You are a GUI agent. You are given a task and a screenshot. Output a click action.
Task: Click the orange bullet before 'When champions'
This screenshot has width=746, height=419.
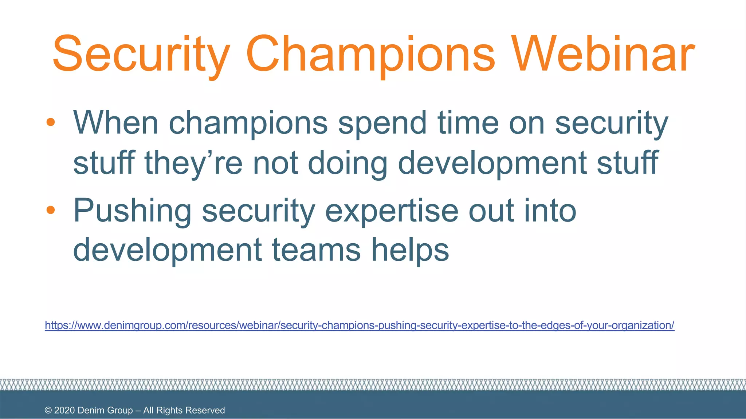[51, 122]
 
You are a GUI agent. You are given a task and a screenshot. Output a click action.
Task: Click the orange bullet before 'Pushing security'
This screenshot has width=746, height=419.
[51, 210]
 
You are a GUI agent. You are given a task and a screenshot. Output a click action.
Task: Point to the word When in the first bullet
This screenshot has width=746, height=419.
[116, 123]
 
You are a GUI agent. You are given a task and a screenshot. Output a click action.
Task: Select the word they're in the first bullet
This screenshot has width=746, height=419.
[193, 163]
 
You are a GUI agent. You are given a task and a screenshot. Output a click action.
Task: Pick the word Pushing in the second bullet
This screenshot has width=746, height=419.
[132, 211]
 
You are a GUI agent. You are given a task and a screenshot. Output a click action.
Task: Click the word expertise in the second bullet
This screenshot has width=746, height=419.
[392, 211]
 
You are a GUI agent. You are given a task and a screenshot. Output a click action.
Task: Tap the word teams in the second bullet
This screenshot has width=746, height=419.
[317, 250]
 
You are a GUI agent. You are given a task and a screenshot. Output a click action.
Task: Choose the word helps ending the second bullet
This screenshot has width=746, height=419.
[410, 250]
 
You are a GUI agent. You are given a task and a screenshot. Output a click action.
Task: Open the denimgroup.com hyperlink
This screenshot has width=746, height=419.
[359, 325]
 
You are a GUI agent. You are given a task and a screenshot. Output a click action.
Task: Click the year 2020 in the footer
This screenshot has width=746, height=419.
[64, 410]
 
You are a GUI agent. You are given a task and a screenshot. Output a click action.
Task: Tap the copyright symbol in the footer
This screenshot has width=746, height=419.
[48, 410]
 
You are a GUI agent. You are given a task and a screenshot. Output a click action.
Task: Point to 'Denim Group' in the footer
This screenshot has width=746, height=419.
[105, 410]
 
